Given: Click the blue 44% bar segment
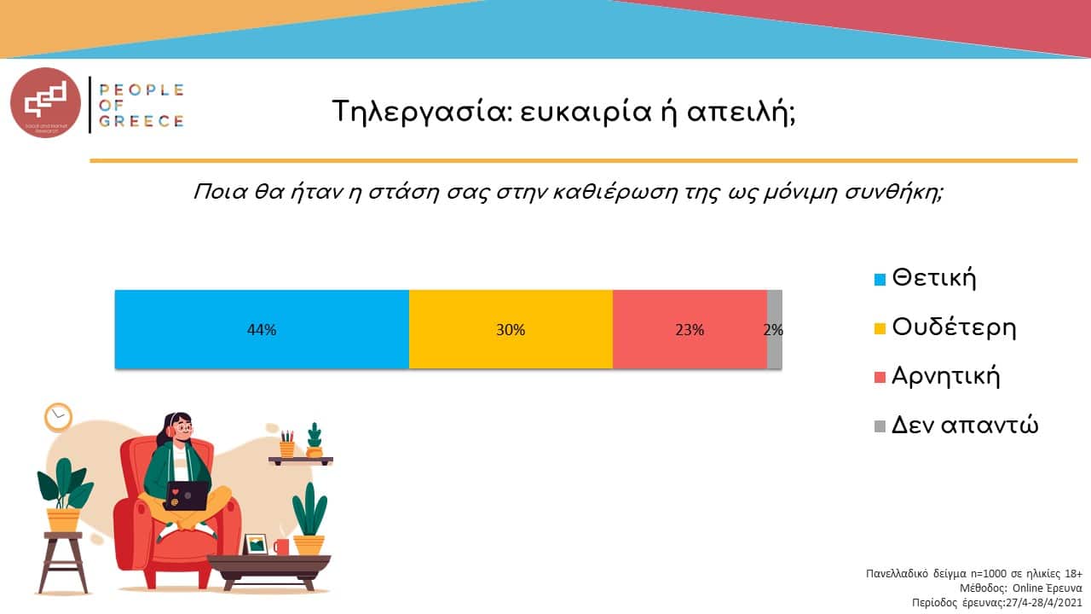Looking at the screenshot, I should coord(262,329).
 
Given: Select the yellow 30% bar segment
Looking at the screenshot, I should coord(511,329).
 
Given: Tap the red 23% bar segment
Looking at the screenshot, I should coord(690,329).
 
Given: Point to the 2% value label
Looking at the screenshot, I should coord(774,330).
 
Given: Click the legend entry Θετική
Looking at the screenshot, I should coord(933,278).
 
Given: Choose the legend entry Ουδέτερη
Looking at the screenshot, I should coord(954,327).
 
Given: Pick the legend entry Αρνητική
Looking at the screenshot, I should coord(945,376).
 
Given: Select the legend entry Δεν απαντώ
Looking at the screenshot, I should coord(964,426).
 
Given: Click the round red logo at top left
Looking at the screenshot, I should coord(45,103).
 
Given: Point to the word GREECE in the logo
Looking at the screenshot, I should coord(141,121).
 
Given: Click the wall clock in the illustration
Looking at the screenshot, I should coord(58,417).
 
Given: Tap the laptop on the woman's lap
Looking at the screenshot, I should coord(187,495).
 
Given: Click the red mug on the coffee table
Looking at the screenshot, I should coord(281,547).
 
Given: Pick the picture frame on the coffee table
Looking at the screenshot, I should coord(255,544).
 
